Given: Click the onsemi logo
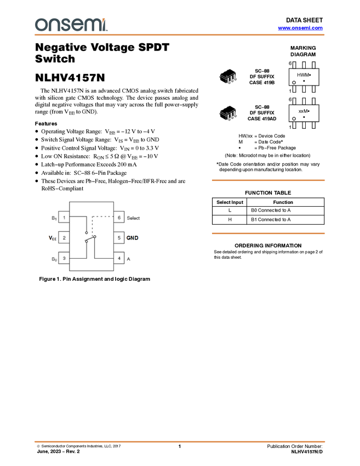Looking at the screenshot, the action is click(x=71, y=25).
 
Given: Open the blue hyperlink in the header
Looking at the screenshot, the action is click(x=300, y=28).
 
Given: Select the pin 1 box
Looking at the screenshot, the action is click(x=64, y=218).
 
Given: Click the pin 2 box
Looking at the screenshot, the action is click(x=64, y=238).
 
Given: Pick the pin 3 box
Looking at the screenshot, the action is click(x=64, y=258).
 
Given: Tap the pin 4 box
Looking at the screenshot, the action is click(x=119, y=258).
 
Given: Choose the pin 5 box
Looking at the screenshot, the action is click(x=119, y=238).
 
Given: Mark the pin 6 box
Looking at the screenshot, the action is click(x=119, y=218).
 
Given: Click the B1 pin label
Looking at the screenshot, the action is click(x=54, y=218).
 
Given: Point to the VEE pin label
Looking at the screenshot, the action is click(x=53, y=238).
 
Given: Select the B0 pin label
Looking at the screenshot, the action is click(x=54, y=259).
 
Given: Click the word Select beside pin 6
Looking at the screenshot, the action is click(x=133, y=218).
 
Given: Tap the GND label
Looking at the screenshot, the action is click(x=133, y=238).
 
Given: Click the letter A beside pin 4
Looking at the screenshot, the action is click(x=129, y=259).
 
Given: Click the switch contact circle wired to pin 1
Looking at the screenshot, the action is click(x=87, y=232).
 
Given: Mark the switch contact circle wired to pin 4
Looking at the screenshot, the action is click(x=95, y=237).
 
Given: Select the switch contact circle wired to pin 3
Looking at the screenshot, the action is click(x=87, y=241).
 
